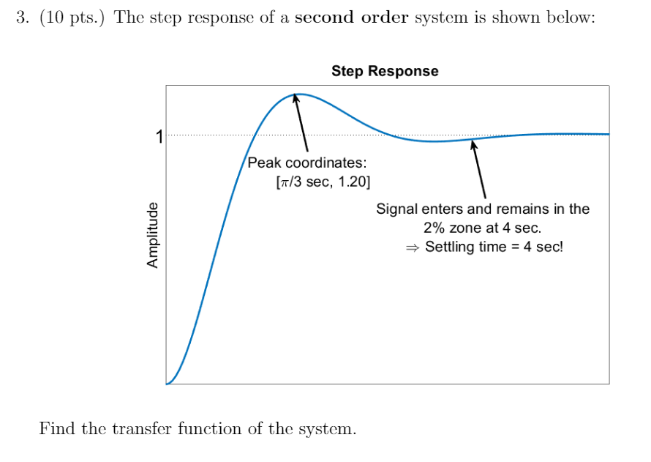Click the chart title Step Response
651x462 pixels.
pyautogui.click(x=385, y=71)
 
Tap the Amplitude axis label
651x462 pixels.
pyautogui.click(x=153, y=234)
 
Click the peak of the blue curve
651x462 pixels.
pyautogui.click(x=299, y=94)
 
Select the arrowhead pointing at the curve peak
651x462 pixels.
pyautogui.click(x=296, y=97)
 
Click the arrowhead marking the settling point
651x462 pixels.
pyautogui.click(x=474, y=145)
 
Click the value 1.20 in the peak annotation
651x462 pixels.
pyautogui.click(x=354, y=182)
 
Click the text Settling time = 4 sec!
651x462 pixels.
pyautogui.click(x=494, y=247)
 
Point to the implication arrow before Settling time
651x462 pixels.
pyautogui.click(x=413, y=247)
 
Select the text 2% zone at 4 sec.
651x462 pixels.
pyautogui.click(x=482, y=228)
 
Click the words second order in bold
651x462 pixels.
pyautogui.click(x=351, y=18)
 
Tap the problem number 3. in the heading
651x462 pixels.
pyautogui.click(x=22, y=18)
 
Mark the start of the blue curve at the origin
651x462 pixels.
pyautogui.click(x=168, y=383)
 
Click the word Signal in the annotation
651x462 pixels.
pyautogui.click(x=398, y=209)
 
